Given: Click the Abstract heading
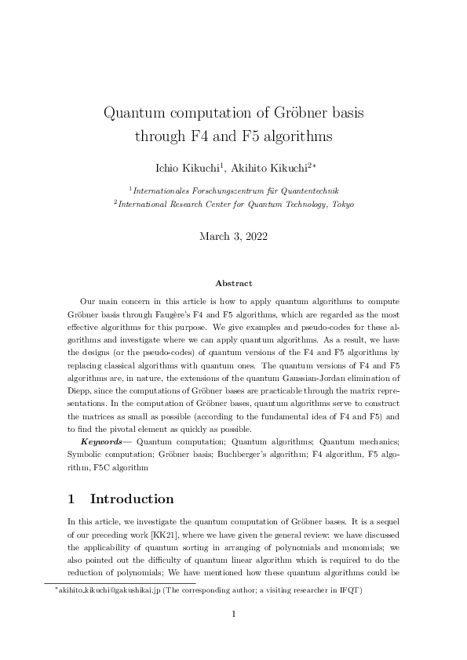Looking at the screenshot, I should click(x=233, y=284).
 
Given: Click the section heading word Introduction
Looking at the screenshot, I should click(x=132, y=499).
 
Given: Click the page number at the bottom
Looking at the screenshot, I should click(x=233, y=614).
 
